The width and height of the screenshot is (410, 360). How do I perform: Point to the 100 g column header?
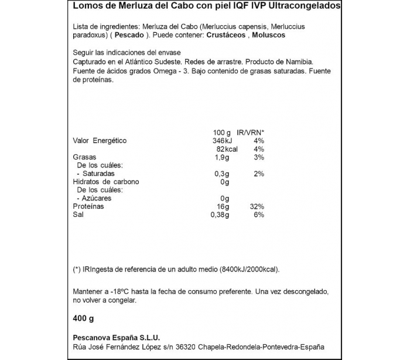pos(221,132)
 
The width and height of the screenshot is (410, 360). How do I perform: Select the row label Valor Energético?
pos(100,141)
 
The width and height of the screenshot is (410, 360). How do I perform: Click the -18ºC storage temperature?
pos(115,291)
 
